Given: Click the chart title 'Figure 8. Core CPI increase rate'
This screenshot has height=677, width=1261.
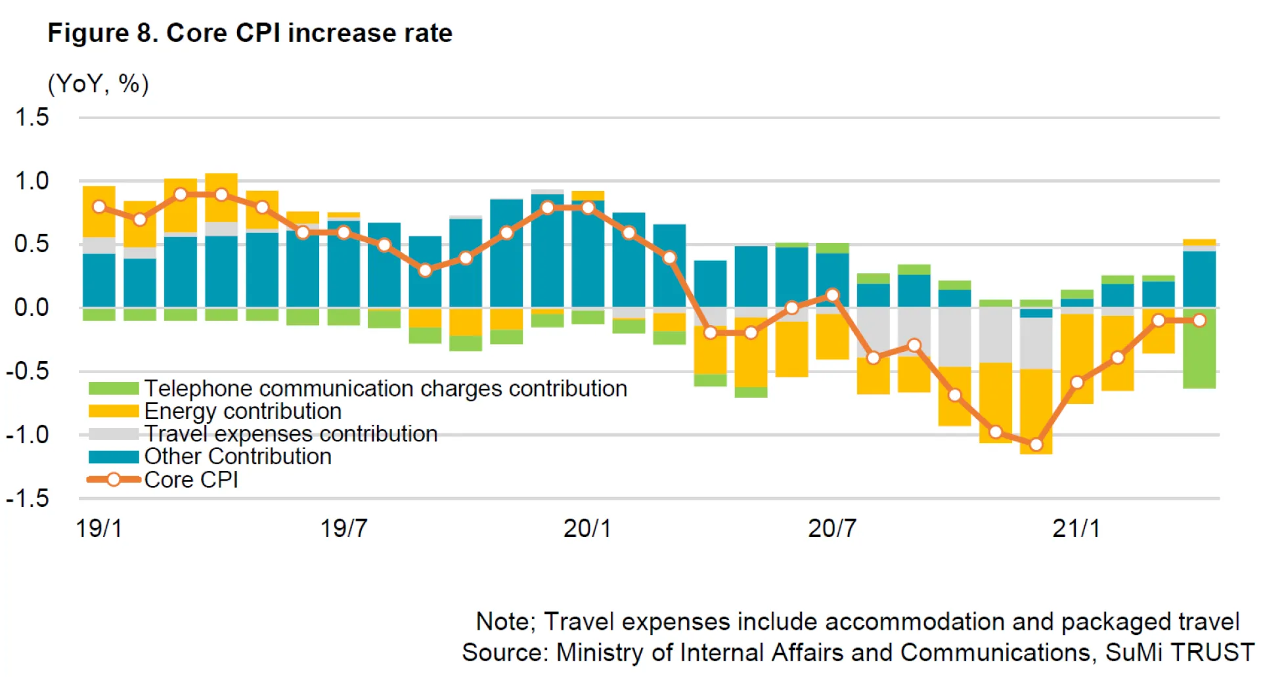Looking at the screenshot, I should coord(250,33).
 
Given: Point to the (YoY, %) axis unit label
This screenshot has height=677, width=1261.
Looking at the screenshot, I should coord(99,84).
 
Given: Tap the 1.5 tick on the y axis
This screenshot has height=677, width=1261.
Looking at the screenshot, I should coord(32,118).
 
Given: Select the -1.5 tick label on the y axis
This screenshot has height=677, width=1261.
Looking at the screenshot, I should coord(28,498).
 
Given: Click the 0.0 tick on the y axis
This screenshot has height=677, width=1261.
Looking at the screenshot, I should coord(32,307).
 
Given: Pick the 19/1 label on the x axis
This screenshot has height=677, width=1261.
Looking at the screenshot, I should coord(99,529).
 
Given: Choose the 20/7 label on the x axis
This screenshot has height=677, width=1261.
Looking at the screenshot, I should coord(831,529).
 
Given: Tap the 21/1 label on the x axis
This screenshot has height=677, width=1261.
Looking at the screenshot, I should coord(1076,529).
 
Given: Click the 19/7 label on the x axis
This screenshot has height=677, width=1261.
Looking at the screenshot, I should coord(343,529).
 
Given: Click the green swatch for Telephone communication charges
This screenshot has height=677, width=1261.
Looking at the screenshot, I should coord(114,389).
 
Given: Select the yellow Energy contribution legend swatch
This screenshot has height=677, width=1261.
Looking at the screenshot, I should coord(114,412).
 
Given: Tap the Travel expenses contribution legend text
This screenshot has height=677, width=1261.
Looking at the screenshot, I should coord(291,434).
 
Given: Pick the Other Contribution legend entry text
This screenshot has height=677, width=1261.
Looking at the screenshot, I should coord(238,457).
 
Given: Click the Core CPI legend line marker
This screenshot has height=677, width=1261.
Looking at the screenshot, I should coord(114,480).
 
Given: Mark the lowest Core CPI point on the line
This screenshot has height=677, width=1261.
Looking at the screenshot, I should coord(1036,445).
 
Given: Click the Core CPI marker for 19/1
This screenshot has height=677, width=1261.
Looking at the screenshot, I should coord(99,207).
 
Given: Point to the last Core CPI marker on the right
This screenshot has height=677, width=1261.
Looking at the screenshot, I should coord(1199,320).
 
